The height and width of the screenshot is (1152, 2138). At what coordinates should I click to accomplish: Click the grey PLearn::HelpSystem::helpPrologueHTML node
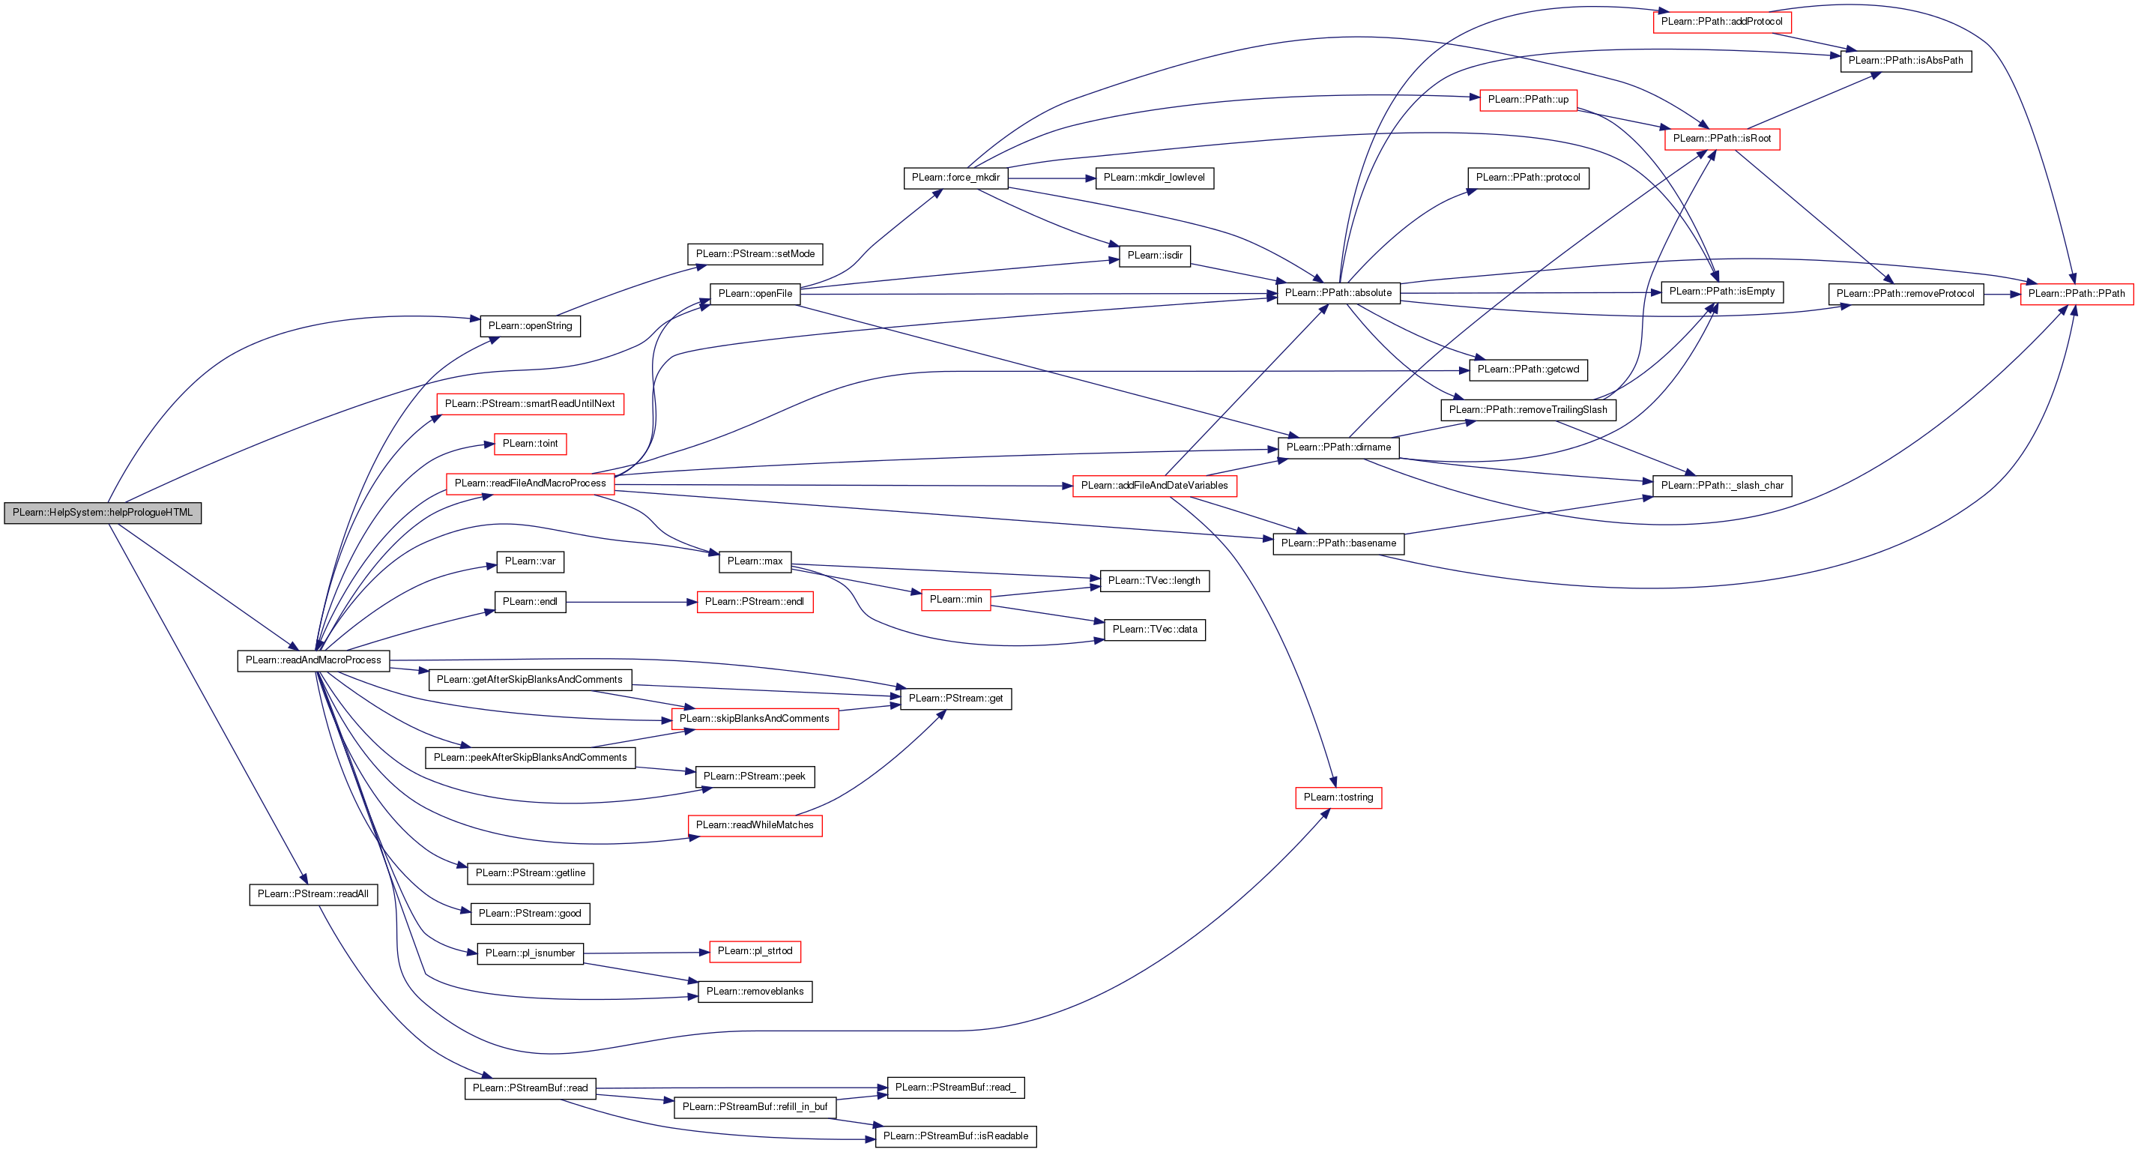(x=102, y=513)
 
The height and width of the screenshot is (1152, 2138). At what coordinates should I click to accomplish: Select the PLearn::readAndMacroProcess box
(x=313, y=660)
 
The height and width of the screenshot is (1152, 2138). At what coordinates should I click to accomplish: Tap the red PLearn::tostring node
(x=1338, y=797)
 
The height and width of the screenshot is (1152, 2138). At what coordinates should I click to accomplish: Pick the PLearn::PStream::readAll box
(x=313, y=894)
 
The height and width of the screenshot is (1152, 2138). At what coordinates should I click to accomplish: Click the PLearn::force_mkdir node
(x=955, y=178)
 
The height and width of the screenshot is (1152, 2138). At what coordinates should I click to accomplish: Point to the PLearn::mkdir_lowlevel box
(x=1153, y=178)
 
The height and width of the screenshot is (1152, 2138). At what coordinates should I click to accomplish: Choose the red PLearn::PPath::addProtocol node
(x=1721, y=22)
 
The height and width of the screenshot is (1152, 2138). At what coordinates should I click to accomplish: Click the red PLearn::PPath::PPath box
(x=2076, y=294)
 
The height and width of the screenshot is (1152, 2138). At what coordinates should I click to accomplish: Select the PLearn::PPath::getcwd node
(x=1528, y=370)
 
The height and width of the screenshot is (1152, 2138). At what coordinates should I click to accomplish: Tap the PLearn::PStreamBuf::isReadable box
(x=955, y=1136)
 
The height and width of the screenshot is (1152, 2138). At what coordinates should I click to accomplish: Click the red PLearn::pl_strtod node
(x=755, y=951)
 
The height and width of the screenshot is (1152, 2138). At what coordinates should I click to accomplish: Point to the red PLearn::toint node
(x=530, y=444)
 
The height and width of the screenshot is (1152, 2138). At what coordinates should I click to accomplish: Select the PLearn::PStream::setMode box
(x=755, y=254)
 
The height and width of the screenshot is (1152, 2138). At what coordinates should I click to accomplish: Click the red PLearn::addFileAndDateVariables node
(x=1153, y=486)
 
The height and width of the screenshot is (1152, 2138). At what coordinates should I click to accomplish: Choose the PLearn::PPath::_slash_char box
(x=1721, y=486)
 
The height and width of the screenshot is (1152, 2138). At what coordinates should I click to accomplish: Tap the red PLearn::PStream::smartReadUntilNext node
(x=530, y=404)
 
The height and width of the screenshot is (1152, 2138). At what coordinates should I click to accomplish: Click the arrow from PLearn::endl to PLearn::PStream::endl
(x=631, y=602)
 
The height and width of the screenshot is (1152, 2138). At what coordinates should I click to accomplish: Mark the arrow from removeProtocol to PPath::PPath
(x=2002, y=295)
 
